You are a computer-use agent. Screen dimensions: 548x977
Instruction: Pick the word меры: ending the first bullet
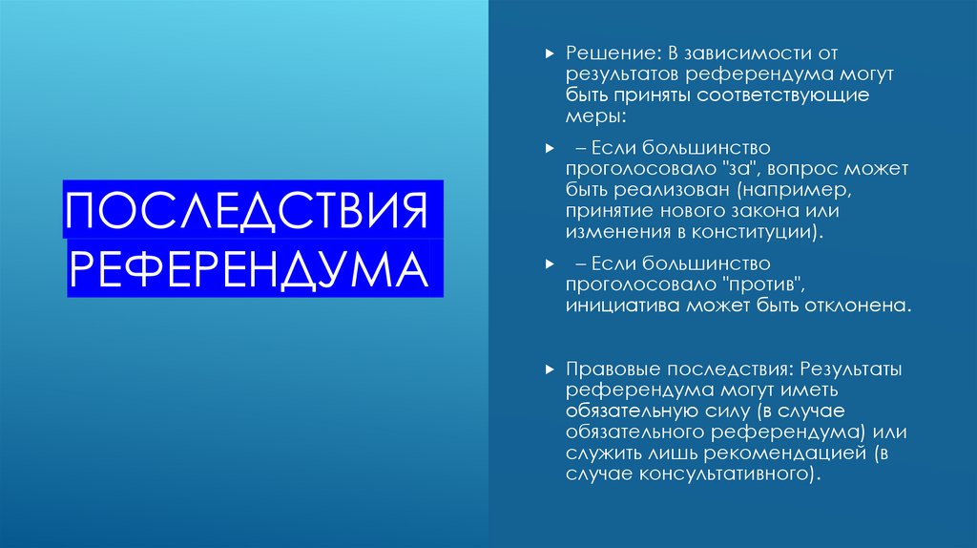[x=595, y=117]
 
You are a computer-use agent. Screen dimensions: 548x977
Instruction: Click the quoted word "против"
[x=760, y=285]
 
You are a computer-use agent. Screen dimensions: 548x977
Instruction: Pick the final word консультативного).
[x=726, y=474]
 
